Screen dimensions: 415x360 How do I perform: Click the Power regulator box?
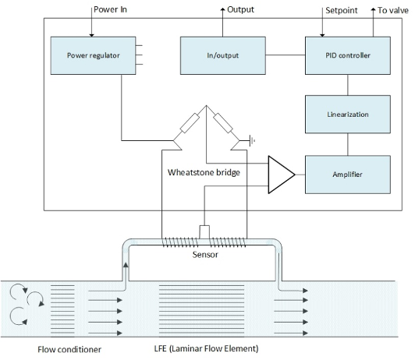click(93, 55)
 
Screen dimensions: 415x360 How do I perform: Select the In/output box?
click(223, 55)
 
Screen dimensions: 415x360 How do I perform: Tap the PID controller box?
click(348, 55)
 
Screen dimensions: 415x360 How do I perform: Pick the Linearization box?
click(348, 115)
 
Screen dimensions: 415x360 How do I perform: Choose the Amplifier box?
click(348, 175)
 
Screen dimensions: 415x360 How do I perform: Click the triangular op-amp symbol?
click(282, 175)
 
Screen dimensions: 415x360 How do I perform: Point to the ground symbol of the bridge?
click(252, 140)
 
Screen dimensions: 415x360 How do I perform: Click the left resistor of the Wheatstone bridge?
click(190, 123)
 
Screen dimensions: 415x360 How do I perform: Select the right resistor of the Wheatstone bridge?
click(223, 123)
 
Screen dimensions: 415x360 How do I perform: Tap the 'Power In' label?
click(110, 9)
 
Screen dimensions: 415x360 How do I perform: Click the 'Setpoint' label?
click(342, 10)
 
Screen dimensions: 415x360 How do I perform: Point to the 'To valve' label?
click(393, 10)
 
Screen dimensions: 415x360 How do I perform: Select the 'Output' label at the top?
click(240, 9)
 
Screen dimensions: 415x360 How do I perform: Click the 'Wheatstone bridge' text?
click(204, 172)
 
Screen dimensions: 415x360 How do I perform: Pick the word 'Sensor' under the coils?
click(205, 255)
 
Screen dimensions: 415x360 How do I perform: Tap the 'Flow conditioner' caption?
click(69, 349)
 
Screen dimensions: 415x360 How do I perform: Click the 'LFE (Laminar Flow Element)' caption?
click(206, 348)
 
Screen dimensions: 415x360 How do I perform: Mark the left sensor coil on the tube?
click(180, 242)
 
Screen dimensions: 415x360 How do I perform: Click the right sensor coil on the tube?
click(228, 242)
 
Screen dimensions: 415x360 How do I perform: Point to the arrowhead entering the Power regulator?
click(91, 35)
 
